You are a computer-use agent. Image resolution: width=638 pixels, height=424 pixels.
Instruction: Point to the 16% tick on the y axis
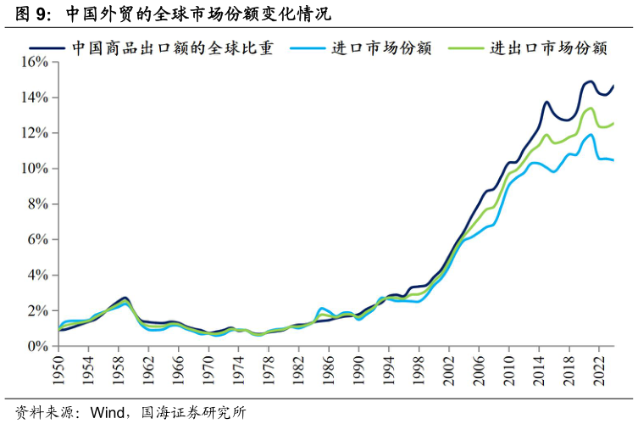[x=35, y=62]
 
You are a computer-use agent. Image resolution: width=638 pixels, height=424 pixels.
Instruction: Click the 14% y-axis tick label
[x=35, y=98]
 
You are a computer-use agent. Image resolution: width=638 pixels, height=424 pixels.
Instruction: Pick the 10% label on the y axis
[x=35, y=169]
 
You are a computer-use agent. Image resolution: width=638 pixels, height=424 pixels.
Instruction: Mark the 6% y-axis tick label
[x=38, y=240]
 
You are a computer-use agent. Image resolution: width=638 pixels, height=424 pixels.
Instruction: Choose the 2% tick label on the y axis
[x=38, y=311]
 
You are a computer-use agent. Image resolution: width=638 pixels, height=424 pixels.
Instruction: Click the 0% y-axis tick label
[x=38, y=346]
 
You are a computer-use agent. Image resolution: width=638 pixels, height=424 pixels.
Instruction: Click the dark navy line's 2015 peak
[x=546, y=102]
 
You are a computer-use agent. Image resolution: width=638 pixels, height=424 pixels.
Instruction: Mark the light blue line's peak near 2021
[x=591, y=134]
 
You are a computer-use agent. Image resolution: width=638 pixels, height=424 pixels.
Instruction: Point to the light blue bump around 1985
[x=322, y=308]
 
